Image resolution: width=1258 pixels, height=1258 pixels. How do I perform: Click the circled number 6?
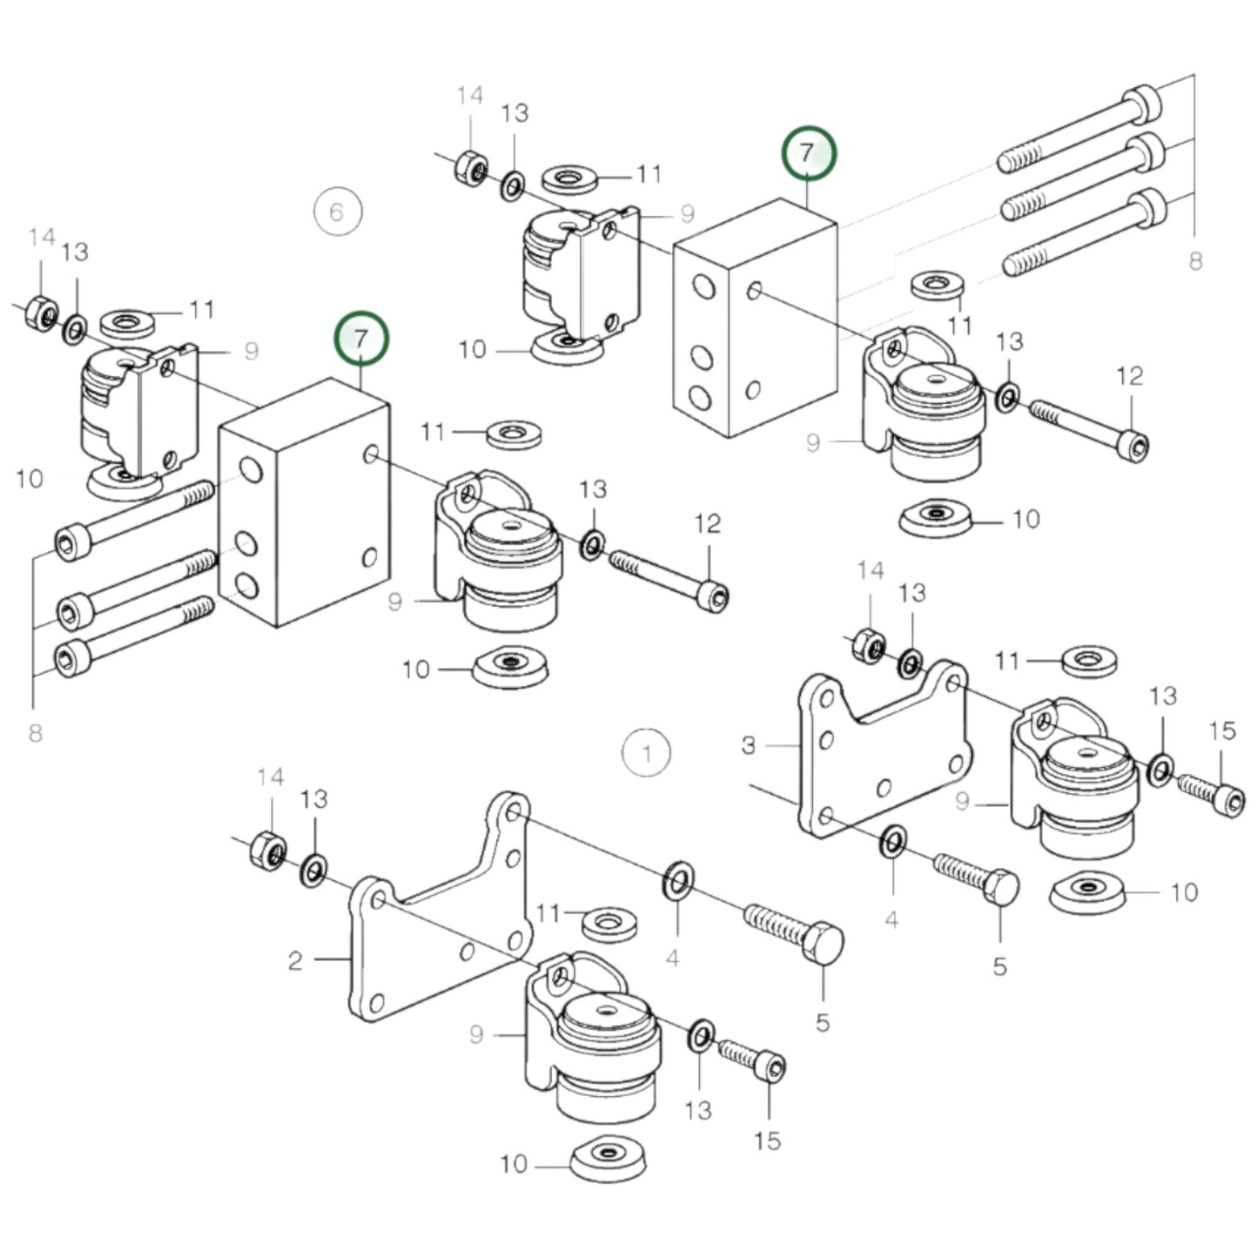click(338, 212)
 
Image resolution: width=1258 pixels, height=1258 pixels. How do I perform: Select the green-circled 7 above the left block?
click(361, 338)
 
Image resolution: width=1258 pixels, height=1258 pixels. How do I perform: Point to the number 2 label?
click(296, 960)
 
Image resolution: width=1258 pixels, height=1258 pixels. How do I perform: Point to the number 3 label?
click(749, 745)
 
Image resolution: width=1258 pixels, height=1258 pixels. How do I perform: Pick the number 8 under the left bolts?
click(35, 733)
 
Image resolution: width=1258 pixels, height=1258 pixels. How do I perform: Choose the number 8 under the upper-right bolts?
click(1195, 260)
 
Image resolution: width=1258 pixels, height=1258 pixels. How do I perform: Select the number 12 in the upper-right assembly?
click(1129, 376)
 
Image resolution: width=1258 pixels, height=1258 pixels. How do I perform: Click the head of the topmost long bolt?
click(1143, 104)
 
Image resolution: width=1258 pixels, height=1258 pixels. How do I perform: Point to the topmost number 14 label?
click(469, 96)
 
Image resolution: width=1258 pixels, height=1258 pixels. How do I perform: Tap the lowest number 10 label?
click(514, 1164)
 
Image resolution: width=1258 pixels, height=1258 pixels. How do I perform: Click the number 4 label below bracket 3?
click(891, 919)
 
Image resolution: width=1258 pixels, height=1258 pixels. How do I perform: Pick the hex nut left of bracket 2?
click(267, 848)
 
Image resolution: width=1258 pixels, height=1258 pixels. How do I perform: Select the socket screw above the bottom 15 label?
click(750, 1060)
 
